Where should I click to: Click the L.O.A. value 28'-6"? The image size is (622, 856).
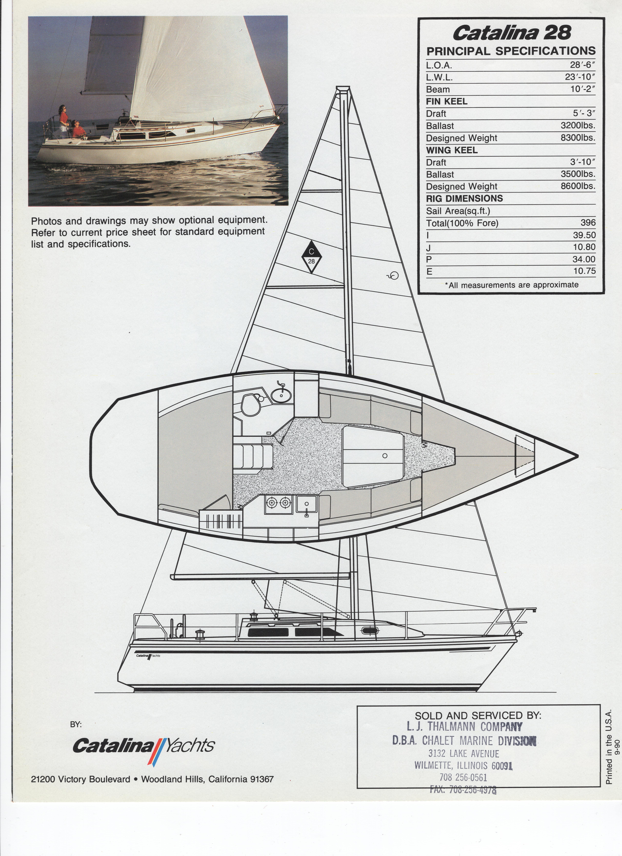(582, 65)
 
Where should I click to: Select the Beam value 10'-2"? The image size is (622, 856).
(582, 89)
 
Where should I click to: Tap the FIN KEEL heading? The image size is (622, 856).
(446, 102)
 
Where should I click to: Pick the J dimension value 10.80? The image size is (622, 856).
(584, 247)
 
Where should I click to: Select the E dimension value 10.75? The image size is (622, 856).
(584, 271)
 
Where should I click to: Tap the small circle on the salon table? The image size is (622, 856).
(385, 456)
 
